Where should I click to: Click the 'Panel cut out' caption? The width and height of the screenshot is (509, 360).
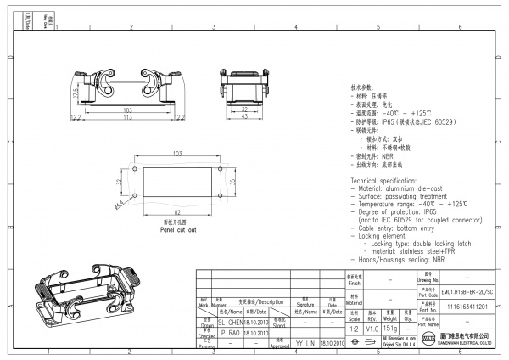coord(178,228)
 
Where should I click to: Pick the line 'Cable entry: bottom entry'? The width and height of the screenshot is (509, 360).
coord(396,228)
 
